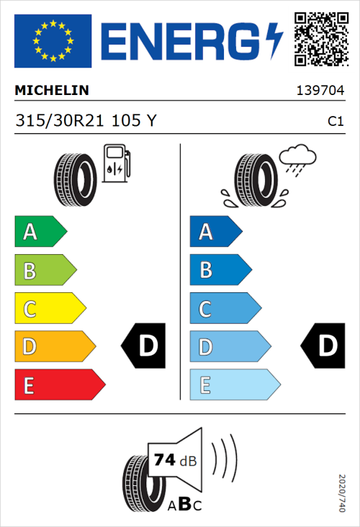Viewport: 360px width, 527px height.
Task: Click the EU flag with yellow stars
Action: click(x=53, y=41)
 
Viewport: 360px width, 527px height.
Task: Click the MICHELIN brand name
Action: click(x=52, y=91)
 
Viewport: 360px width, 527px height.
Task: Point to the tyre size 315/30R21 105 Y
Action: click(x=85, y=121)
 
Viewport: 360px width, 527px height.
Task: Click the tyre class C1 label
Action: click(x=336, y=122)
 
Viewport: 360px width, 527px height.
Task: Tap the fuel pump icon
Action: click(x=116, y=163)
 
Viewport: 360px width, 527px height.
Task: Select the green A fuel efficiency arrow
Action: click(x=40, y=232)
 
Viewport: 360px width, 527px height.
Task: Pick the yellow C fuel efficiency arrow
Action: click(x=49, y=309)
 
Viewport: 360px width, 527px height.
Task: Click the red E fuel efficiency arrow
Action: click(x=59, y=385)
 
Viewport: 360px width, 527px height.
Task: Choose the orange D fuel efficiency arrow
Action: click(x=54, y=347)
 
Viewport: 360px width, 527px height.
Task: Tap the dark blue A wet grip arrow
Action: click(x=215, y=232)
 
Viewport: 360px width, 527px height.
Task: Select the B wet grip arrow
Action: click(x=220, y=270)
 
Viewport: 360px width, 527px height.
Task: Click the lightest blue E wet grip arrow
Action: click(x=234, y=385)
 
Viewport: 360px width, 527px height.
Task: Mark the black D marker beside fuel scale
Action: click(x=145, y=347)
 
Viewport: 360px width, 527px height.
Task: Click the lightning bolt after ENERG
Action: click(x=275, y=41)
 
